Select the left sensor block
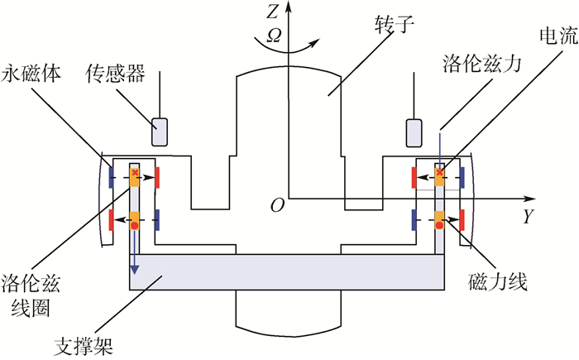[159, 130]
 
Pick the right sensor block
[413, 130]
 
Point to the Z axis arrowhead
[288, 8]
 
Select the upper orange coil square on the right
[439, 176]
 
